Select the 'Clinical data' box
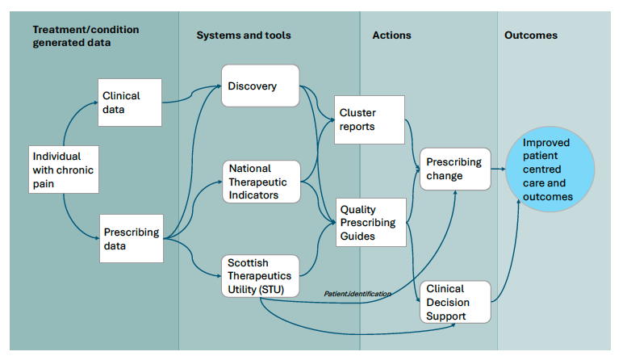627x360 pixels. (x=129, y=102)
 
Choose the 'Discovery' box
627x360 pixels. (x=260, y=86)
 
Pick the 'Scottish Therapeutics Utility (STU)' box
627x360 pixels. (x=260, y=276)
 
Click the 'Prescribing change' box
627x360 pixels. (x=454, y=169)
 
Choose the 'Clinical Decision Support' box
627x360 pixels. (x=455, y=302)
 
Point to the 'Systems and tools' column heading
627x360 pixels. (x=244, y=36)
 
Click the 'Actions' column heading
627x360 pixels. (x=391, y=36)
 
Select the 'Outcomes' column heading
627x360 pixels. (x=530, y=36)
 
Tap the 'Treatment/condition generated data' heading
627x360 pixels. (x=86, y=36)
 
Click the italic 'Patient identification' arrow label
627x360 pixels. (x=357, y=294)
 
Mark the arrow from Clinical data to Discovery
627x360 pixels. (x=192, y=96)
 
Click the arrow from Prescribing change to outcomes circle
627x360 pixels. (x=498, y=170)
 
